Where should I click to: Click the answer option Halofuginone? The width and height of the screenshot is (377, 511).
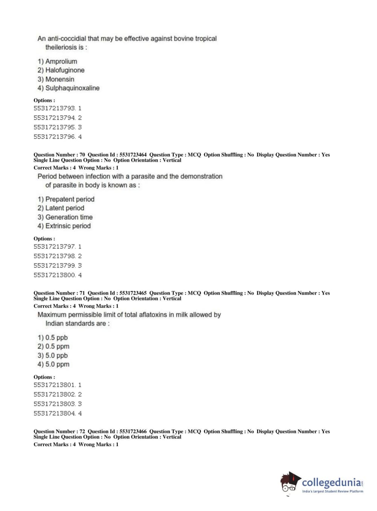click(x=64, y=70)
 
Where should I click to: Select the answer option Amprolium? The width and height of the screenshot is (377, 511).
click(x=61, y=61)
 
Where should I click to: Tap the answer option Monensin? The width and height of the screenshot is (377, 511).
click(x=60, y=79)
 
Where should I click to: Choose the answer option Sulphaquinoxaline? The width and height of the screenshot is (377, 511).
click(x=72, y=88)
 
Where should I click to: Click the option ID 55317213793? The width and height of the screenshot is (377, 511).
click(x=55, y=108)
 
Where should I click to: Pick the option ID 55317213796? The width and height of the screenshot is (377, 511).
click(x=55, y=137)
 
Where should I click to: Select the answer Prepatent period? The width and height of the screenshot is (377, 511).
click(x=70, y=199)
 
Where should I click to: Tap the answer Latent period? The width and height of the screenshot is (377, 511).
click(x=64, y=208)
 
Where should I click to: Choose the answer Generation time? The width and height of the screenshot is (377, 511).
click(x=69, y=217)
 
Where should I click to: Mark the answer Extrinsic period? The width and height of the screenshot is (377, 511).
click(x=68, y=226)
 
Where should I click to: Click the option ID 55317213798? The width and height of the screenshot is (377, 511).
click(x=55, y=256)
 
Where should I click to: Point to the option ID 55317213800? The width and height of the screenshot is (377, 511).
click(x=55, y=275)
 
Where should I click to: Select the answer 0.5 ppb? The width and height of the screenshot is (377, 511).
click(x=56, y=337)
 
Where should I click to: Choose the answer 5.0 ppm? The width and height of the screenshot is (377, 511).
click(x=57, y=364)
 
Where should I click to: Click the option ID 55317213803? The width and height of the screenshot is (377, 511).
click(x=55, y=404)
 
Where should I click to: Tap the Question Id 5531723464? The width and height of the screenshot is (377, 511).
click(x=133, y=155)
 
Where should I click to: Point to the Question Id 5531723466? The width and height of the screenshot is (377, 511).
click(x=133, y=431)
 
